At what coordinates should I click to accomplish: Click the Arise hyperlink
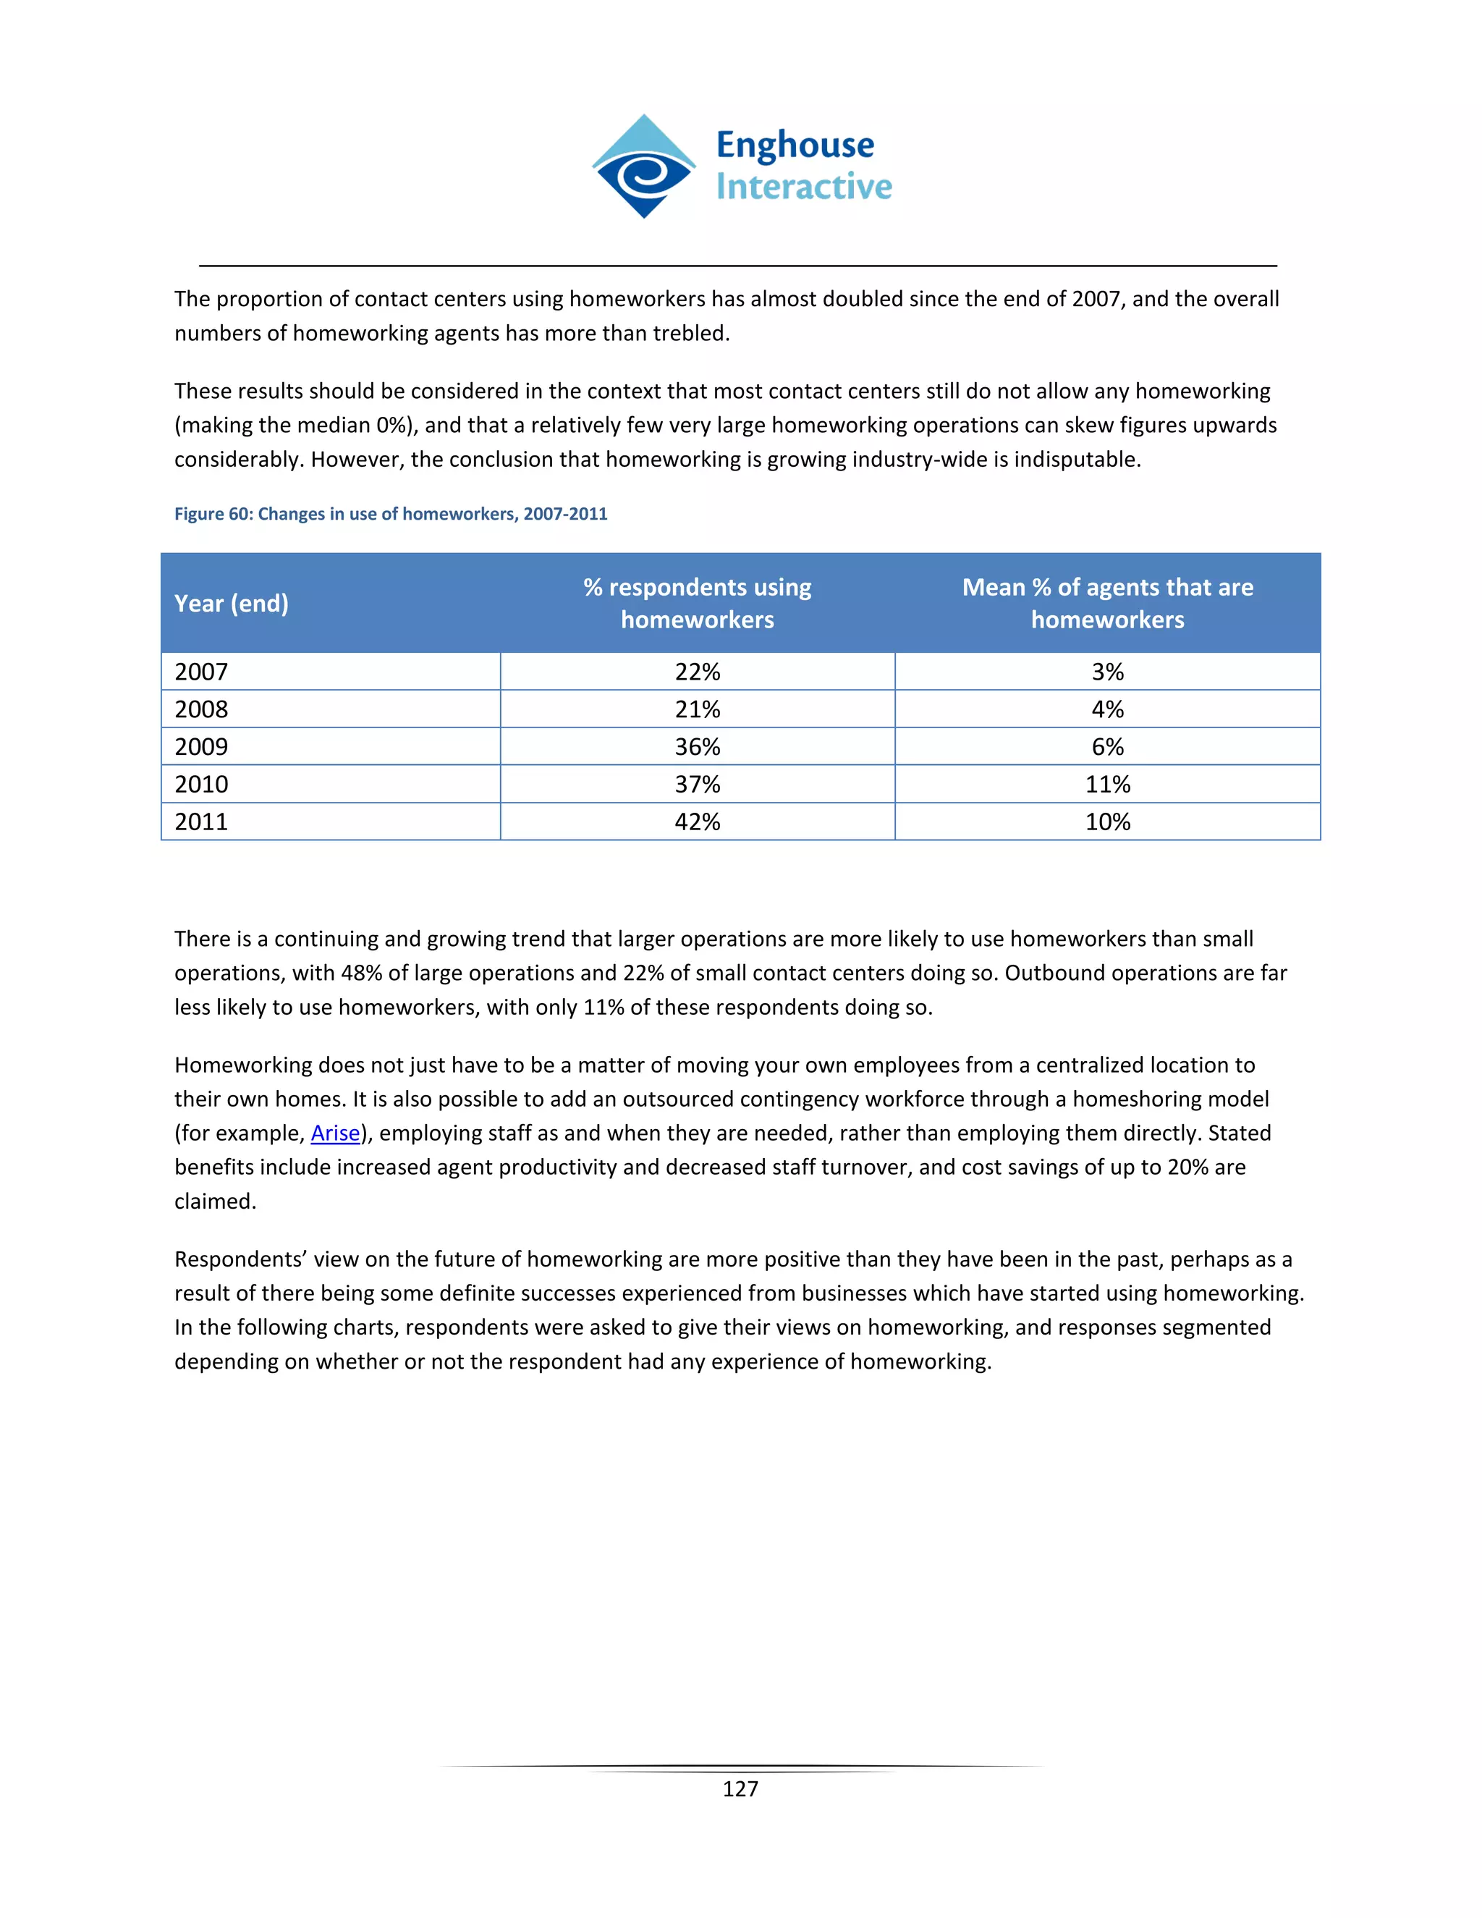[x=334, y=1133]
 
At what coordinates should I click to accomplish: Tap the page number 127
[x=740, y=1789]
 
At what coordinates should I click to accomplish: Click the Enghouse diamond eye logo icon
[x=643, y=167]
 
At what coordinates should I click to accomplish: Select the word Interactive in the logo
[x=803, y=187]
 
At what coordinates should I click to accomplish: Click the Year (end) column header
[x=231, y=604]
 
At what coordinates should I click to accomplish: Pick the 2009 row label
[x=201, y=746]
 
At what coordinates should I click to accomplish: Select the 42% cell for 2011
[x=697, y=822]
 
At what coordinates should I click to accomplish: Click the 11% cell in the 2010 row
[x=1107, y=785]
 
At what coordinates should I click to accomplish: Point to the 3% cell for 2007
[x=1107, y=672]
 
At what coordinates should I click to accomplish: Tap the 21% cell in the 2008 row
[x=697, y=709]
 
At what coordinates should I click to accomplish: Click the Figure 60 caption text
[x=391, y=514]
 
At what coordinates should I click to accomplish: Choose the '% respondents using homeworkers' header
[x=697, y=604]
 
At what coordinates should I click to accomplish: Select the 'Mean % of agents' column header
[x=1107, y=604]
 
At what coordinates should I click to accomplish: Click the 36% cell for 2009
[x=697, y=746]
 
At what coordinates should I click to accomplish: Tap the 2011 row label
[x=201, y=822]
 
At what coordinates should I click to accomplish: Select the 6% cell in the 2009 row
[x=1107, y=746]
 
